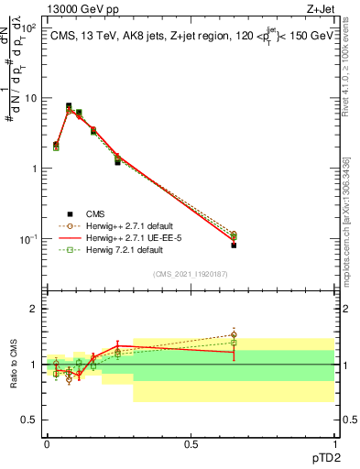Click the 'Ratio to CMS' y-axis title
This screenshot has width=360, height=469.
click(x=12, y=365)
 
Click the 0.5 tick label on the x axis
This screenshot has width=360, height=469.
click(x=191, y=443)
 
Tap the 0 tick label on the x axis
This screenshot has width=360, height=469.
click(x=47, y=443)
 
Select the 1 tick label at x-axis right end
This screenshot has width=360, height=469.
click(x=334, y=443)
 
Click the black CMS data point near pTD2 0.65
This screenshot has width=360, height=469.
click(x=234, y=245)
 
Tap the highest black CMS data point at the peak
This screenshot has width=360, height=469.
click(x=69, y=106)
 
